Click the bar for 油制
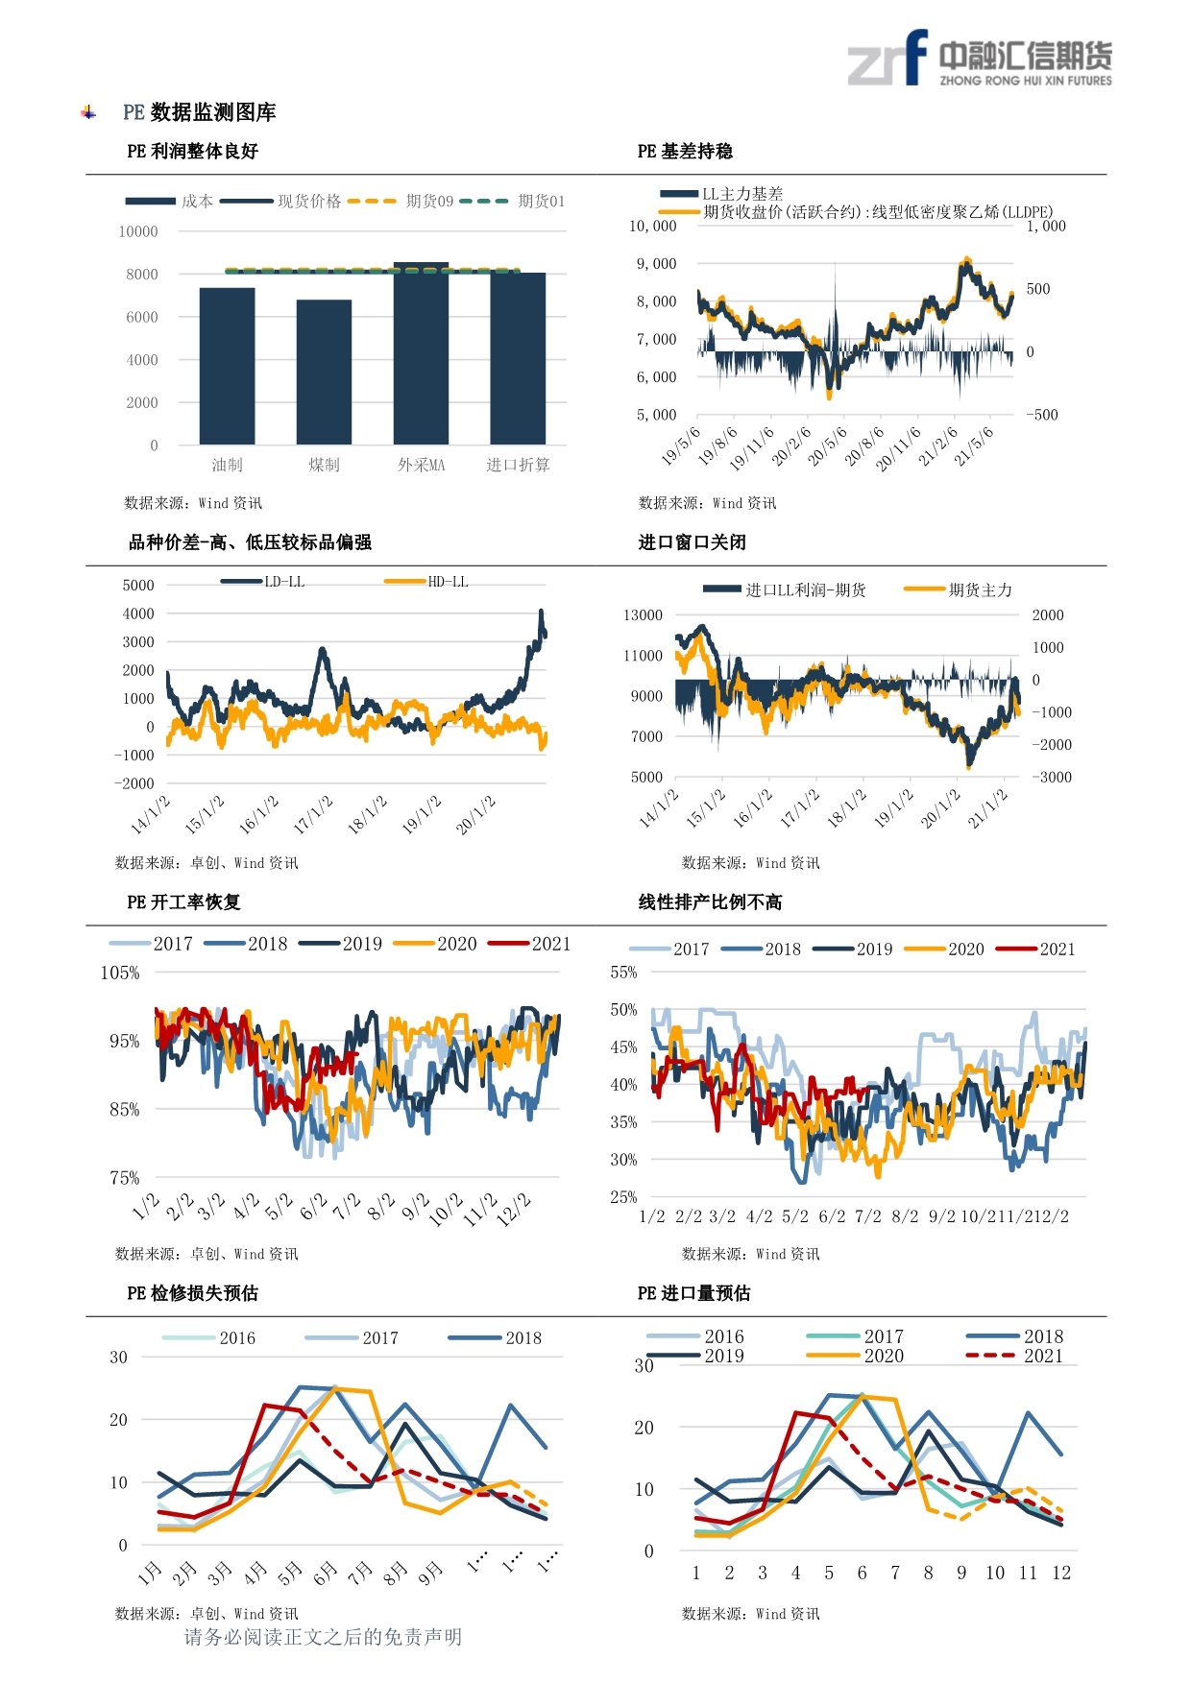(228, 366)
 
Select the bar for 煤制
(324, 373)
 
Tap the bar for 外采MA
(421, 353)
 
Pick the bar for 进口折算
(518, 358)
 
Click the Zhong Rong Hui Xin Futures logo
(980, 59)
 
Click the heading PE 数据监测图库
(200, 112)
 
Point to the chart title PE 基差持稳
(685, 152)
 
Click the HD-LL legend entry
(426, 582)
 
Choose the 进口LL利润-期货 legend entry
(785, 589)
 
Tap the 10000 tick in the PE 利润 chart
(138, 231)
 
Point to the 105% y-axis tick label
(120, 973)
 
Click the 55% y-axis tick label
(623, 972)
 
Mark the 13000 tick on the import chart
(643, 614)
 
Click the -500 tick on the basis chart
(1042, 415)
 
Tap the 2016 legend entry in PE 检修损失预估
(208, 1338)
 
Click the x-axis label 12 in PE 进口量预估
(1061, 1573)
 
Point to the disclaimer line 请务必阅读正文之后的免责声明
(323, 1637)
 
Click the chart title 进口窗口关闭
(693, 542)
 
